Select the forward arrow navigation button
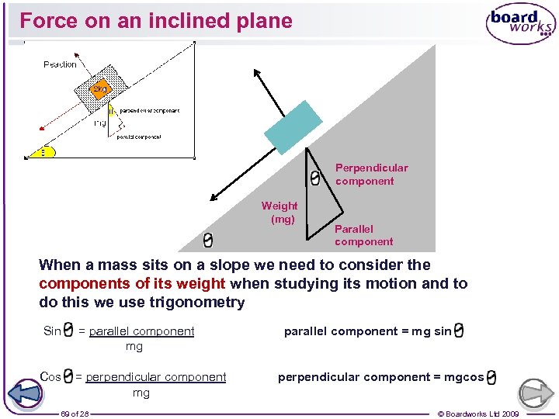point(536,393)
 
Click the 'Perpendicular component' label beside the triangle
point(370,174)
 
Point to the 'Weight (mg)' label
point(279,212)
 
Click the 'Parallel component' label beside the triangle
point(363,235)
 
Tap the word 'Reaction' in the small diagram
point(60,64)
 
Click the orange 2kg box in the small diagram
point(99,89)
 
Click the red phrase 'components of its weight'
point(132,283)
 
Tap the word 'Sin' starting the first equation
point(52,331)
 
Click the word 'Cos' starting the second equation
point(50,377)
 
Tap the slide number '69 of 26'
point(75,414)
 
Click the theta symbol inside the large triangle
point(314,178)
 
